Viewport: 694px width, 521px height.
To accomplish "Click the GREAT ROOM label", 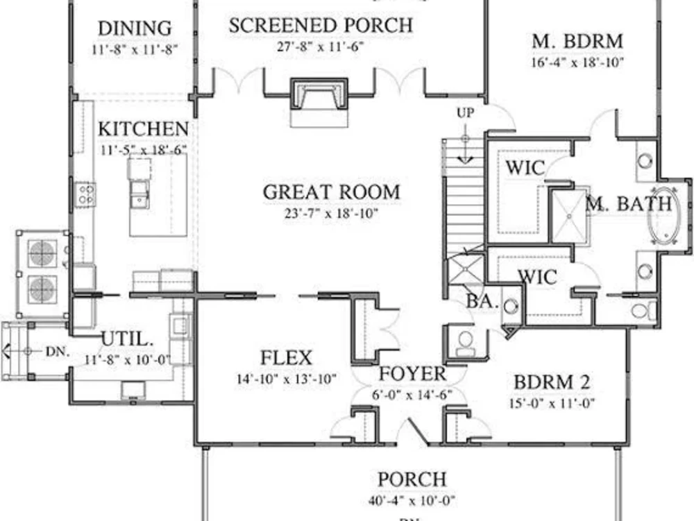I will (331, 191).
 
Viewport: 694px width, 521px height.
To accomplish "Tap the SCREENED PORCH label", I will (321, 26).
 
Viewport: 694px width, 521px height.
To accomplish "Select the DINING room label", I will (134, 28).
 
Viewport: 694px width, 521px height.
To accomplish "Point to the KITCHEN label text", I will (142, 129).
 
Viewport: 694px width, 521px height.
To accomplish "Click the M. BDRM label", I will (577, 41).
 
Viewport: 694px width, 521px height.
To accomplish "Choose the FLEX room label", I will (286, 359).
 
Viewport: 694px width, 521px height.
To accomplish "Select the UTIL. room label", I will (127, 339).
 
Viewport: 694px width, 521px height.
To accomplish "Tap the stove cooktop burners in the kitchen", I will (85, 193).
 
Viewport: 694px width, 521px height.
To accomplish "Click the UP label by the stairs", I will (465, 112).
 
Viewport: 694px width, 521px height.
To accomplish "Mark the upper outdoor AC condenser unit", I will (42, 253).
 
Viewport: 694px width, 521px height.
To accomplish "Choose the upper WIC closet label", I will (525, 167).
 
